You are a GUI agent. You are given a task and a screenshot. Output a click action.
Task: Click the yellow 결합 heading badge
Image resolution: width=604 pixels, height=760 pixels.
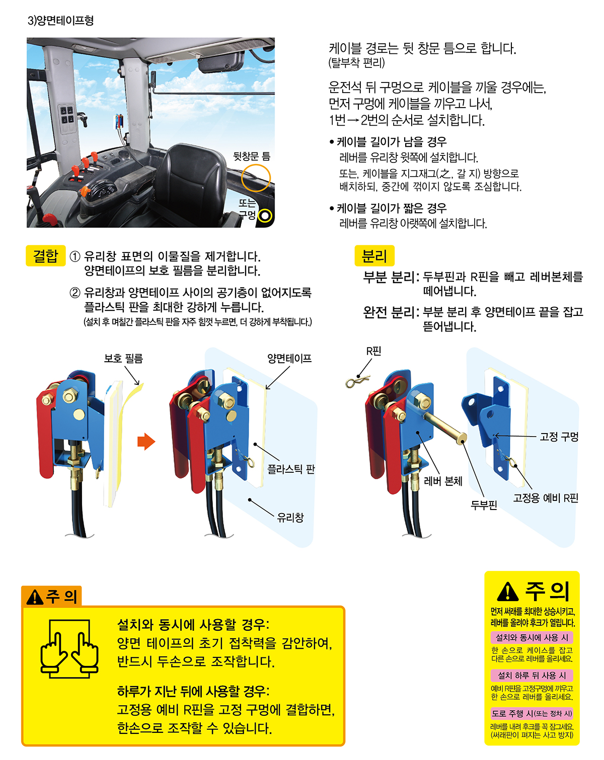[x=46, y=256]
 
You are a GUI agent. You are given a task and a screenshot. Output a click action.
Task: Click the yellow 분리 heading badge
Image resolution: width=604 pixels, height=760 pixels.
[x=374, y=256]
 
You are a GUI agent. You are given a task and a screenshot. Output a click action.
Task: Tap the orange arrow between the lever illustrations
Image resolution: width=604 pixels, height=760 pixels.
[x=146, y=442]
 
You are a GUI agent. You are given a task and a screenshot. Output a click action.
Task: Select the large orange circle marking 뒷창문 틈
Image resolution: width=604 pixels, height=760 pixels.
[x=256, y=178]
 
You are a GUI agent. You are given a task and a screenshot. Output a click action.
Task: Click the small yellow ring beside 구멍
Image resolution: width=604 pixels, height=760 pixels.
[x=265, y=215]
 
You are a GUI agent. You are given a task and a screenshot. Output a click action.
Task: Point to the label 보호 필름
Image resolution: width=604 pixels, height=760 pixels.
[x=123, y=359]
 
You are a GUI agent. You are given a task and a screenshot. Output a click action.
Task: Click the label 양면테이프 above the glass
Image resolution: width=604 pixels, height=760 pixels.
[x=289, y=359]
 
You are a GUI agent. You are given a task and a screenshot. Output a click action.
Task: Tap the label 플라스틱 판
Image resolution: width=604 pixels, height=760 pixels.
[x=290, y=469]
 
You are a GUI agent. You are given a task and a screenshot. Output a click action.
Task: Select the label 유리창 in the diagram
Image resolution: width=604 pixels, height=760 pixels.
[x=290, y=518]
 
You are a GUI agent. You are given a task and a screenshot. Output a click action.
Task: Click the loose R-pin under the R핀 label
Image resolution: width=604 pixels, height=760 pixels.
[x=357, y=381]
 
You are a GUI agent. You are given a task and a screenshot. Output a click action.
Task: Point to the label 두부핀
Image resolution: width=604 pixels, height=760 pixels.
[x=484, y=505]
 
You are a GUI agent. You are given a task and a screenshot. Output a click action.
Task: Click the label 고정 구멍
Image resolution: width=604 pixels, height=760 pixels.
[x=559, y=437]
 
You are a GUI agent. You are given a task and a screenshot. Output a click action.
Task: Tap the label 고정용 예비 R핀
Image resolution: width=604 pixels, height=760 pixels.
[x=546, y=498]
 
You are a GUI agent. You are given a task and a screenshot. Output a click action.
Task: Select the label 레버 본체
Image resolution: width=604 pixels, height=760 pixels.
[x=443, y=481]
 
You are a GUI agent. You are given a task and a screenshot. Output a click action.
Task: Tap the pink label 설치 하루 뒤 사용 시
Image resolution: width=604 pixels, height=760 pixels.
[x=532, y=675]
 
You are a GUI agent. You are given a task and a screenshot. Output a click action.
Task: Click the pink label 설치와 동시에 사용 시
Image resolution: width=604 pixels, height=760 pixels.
[x=532, y=637]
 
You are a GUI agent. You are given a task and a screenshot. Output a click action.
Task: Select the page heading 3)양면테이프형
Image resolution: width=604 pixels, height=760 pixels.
[x=61, y=20]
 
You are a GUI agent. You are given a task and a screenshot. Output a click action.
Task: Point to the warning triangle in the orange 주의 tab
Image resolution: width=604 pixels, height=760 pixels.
[x=35, y=597]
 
